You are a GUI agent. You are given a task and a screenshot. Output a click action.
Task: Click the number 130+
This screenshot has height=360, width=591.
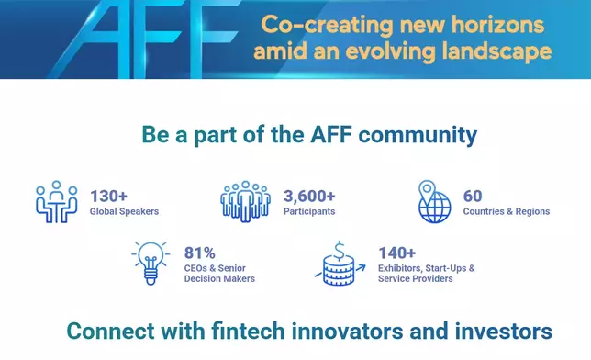108,196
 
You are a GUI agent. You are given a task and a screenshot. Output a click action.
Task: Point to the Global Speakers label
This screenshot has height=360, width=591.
124,211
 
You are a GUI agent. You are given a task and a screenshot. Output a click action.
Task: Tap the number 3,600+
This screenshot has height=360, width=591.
309,196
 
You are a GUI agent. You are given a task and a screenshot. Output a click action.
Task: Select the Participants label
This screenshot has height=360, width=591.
309,211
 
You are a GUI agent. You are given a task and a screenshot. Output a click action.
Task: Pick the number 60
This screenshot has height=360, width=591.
473,196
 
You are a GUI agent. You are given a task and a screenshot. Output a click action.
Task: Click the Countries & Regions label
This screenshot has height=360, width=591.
507,211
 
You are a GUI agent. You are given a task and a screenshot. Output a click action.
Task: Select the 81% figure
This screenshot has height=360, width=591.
199,252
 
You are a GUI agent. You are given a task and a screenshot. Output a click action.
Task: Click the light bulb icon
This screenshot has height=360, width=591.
149,260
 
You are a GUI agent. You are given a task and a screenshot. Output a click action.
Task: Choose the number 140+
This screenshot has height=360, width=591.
396,252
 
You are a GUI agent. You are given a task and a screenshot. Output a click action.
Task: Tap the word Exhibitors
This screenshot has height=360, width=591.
401,267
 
